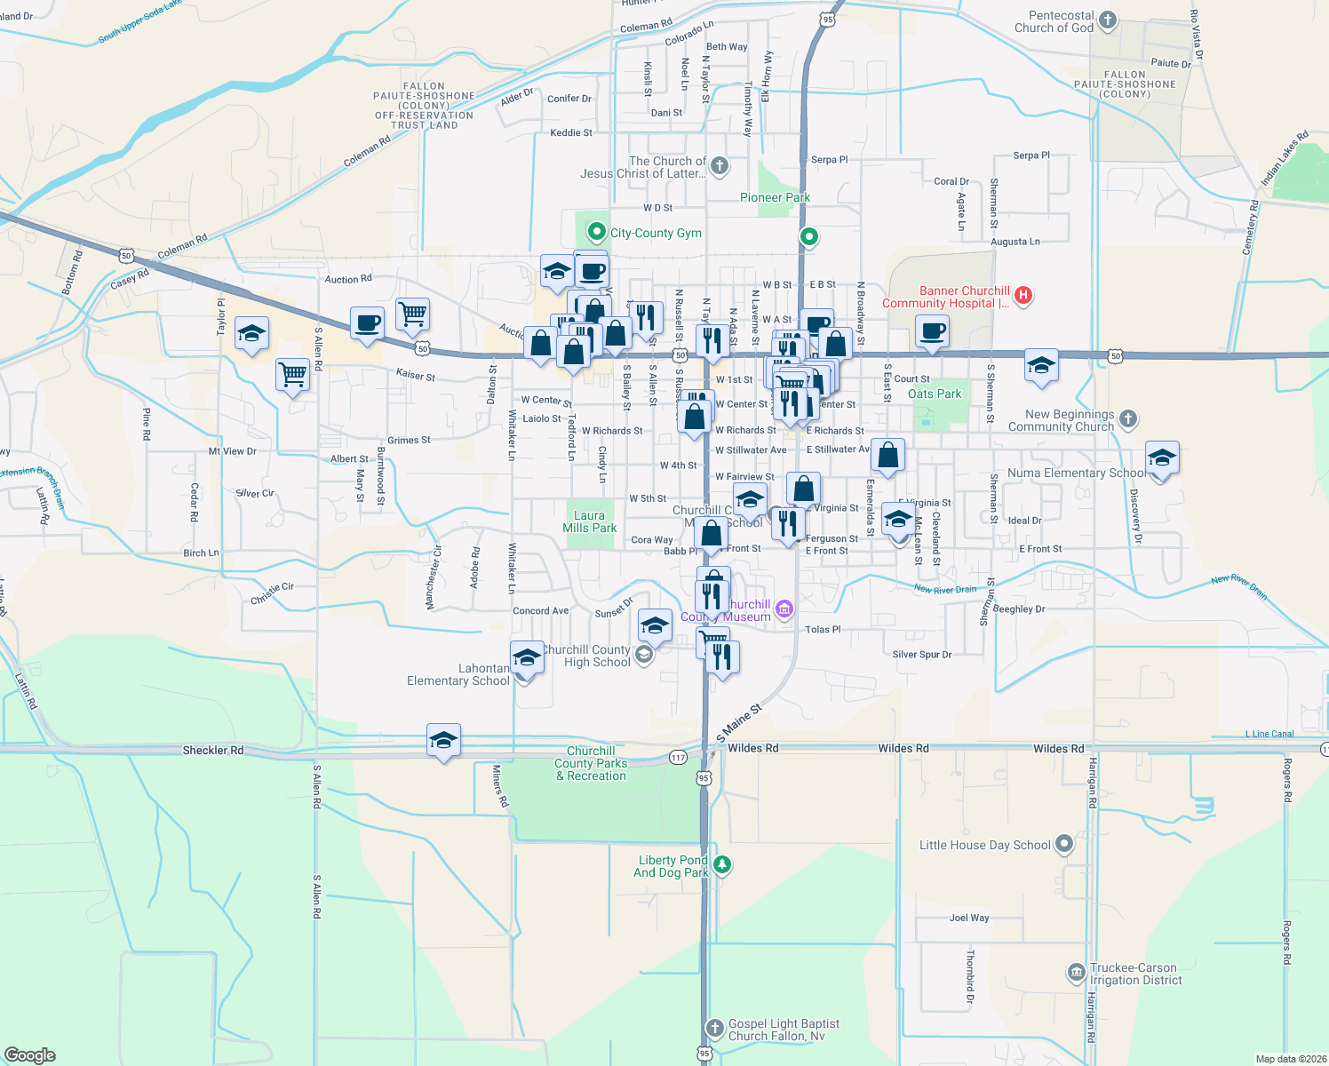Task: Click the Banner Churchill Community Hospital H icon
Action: coord(1023,296)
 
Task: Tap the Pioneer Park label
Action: coord(775,197)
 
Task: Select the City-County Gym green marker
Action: coord(596,233)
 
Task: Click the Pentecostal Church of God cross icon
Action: coord(1107,20)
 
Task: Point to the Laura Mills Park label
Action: coord(589,521)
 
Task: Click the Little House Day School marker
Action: coord(1064,845)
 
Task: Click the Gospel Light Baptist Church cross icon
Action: coord(714,1029)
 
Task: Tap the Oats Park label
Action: coord(935,394)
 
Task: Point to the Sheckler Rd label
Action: coord(212,751)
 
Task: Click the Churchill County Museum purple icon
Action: coord(784,609)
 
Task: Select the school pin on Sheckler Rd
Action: coord(443,740)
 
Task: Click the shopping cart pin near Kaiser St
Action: coord(292,375)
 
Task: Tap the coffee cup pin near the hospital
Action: coord(932,332)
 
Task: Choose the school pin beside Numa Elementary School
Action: coord(1161,458)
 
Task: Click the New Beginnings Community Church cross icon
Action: coord(1127,418)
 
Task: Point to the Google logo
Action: coord(29,1054)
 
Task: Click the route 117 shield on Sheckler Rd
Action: coord(678,758)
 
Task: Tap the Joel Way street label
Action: coord(968,918)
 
